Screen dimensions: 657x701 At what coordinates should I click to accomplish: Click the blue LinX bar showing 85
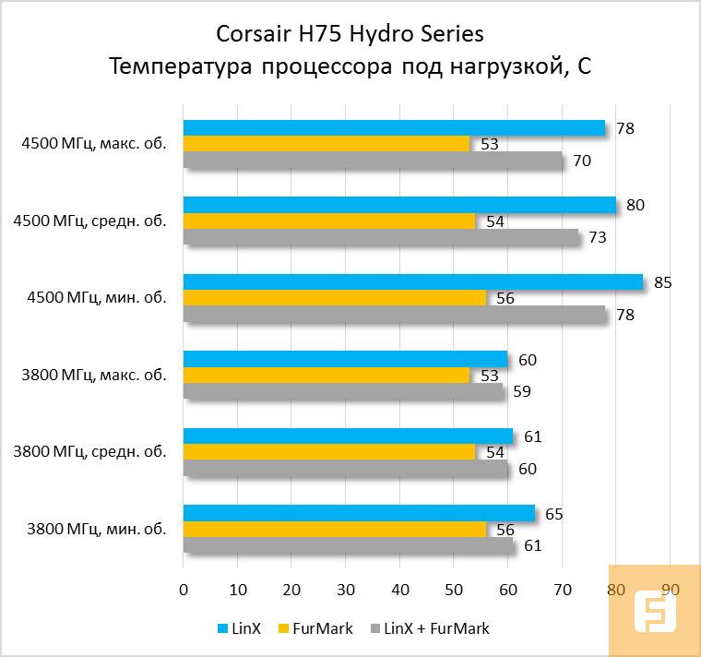click(413, 281)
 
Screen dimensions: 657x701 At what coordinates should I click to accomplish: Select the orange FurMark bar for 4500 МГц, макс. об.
click(327, 144)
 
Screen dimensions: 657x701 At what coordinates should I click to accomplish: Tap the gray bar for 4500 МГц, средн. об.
click(382, 238)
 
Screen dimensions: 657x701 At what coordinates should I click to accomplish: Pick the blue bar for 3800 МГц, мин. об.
click(359, 513)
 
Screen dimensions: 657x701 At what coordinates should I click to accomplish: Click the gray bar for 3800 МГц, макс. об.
click(344, 391)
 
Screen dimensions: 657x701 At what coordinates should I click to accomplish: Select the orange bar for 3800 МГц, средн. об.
click(329, 452)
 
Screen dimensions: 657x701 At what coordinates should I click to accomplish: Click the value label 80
click(635, 205)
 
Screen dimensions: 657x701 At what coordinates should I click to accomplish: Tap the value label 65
click(553, 514)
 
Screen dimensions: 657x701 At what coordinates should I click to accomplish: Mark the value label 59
click(521, 391)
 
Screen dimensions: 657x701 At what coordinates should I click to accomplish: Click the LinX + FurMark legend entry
click(430, 628)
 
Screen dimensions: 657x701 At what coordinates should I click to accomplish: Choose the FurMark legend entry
click(316, 628)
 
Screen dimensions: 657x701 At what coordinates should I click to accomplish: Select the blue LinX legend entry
click(239, 628)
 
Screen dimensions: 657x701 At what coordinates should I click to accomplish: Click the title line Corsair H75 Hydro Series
click(350, 35)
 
